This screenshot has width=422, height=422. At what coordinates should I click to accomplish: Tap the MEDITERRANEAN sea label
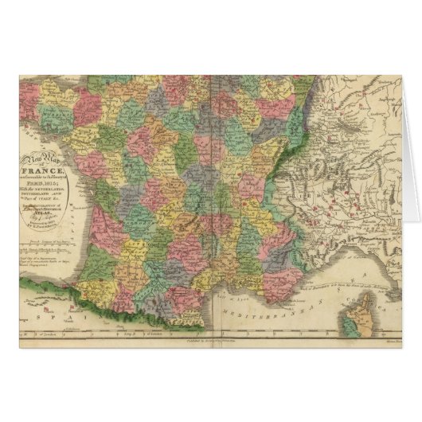coord(263,306)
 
